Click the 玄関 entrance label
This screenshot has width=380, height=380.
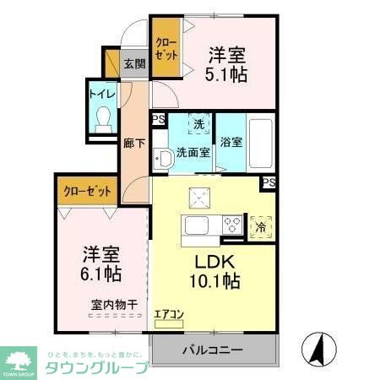click(x=135, y=63)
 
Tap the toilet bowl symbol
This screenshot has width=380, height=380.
click(x=105, y=119)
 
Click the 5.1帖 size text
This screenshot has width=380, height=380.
click(x=227, y=76)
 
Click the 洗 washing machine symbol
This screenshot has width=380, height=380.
click(x=198, y=125)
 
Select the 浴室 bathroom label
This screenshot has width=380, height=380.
click(x=231, y=142)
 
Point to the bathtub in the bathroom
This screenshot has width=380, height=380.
click(x=261, y=141)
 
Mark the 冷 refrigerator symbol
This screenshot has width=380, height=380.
click(x=261, y=225)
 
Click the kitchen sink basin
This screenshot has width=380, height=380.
click(x=197, y=226)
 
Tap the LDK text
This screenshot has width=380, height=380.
click(x=213, y=261)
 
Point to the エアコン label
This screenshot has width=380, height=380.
click(x=169, y=315)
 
